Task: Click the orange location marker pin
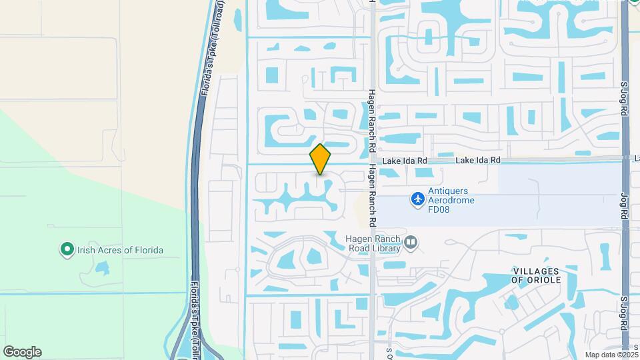(321, 159)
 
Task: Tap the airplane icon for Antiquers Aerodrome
(418, 199)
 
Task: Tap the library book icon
(411, 243)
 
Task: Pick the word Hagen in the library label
(358, 239)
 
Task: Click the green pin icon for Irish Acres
(66, 250)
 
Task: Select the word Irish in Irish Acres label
(85, 251)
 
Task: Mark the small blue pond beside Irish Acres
(102, 268)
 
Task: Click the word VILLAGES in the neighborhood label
(536, 270)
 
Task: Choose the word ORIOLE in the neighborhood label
(545, 280)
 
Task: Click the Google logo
(22, 352)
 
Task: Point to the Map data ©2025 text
(611, 355)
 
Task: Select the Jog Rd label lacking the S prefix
(625, 207)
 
